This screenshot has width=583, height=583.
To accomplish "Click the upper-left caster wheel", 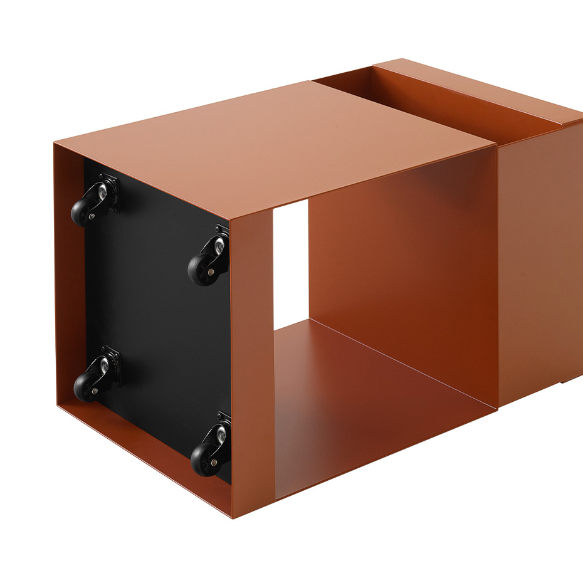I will (84, 212).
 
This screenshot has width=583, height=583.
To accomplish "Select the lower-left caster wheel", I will (87, 386).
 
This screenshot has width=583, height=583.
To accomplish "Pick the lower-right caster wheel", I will (204, 458).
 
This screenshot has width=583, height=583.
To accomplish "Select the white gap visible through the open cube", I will (290, 263).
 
